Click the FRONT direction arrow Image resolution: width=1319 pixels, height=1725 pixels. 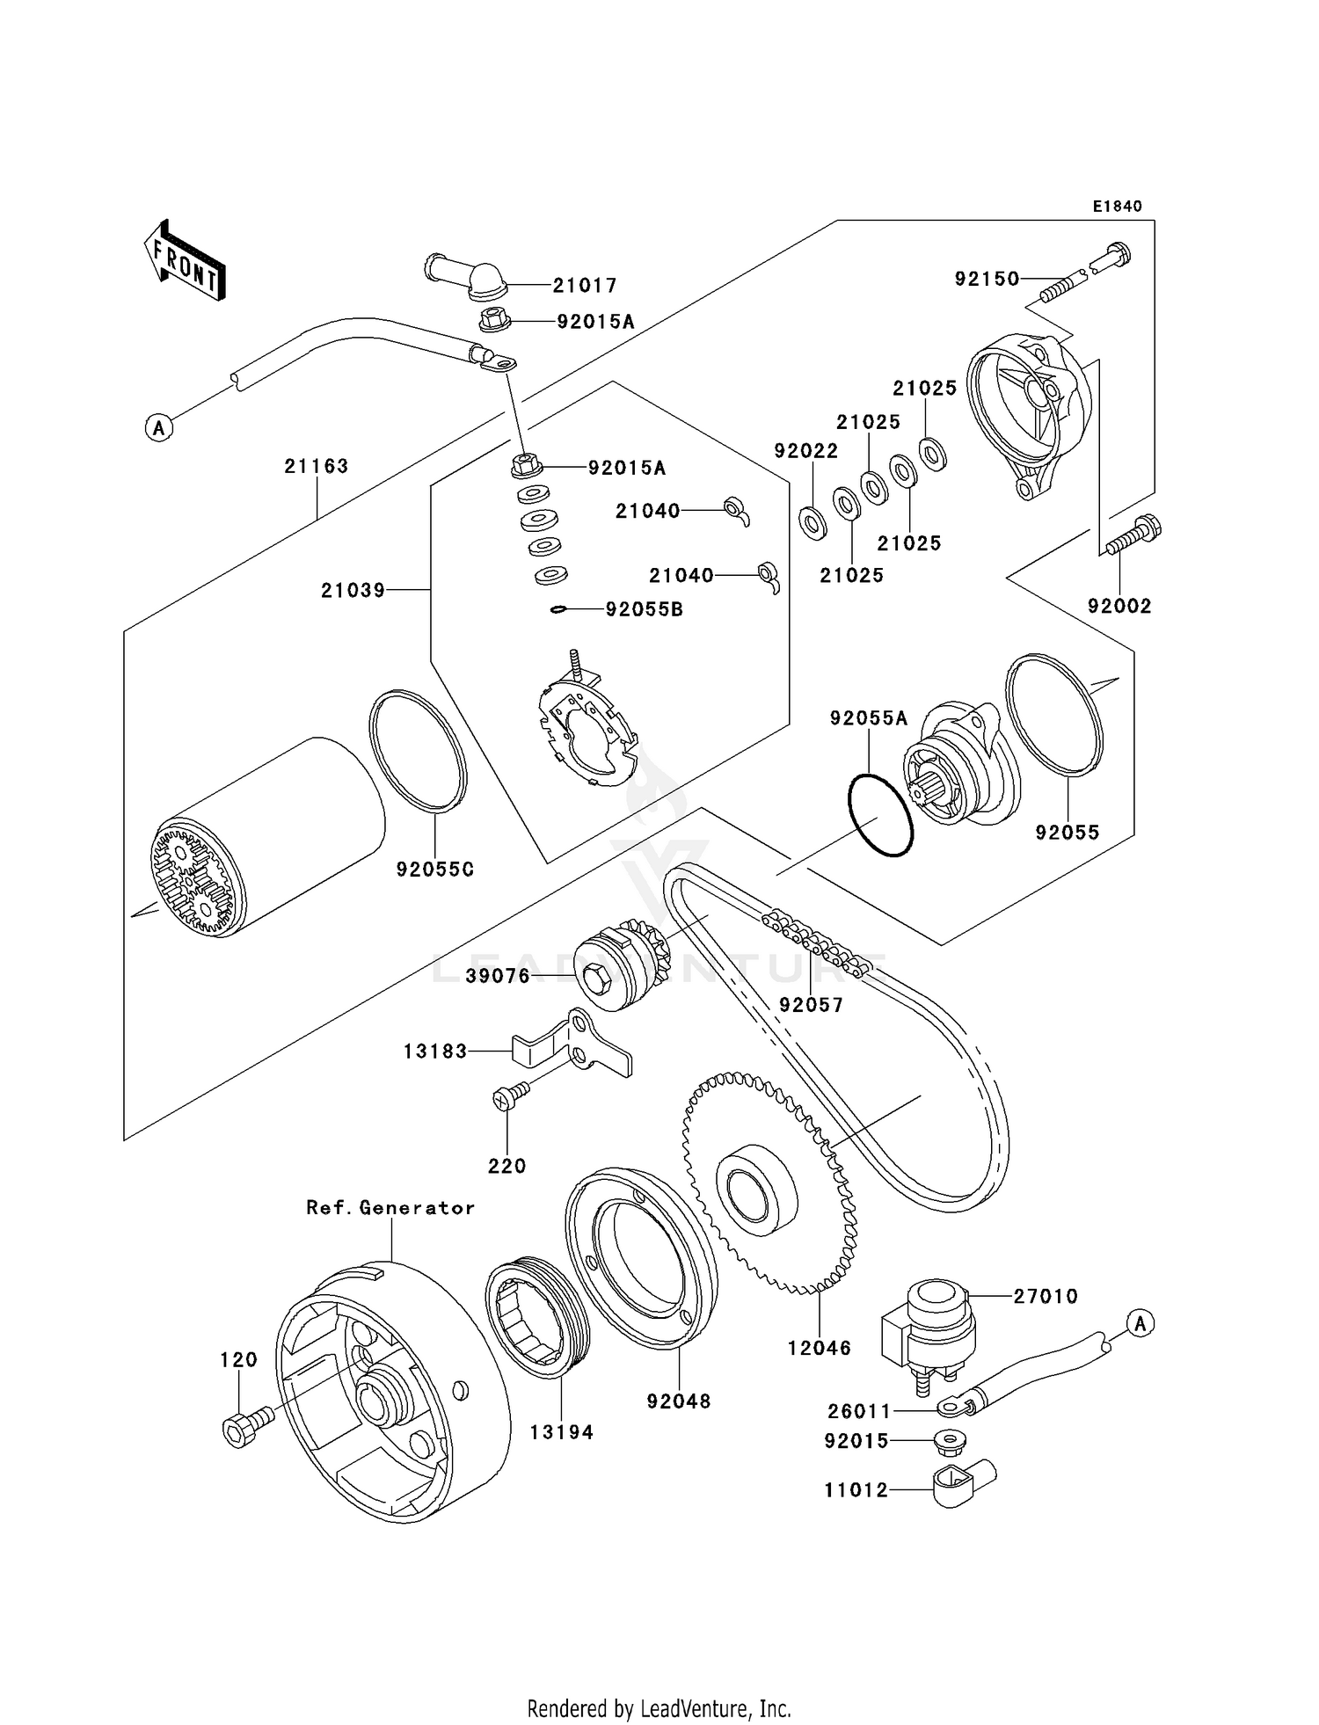click(185, 261)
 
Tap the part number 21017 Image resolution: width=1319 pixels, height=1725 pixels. click(585, 286)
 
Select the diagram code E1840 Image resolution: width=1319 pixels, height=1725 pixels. click(1117, 207)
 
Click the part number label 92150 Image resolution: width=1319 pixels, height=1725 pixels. click(987, 279)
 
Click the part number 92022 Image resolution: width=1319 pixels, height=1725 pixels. click(805, 451)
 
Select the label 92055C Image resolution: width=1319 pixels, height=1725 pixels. click(435, 870)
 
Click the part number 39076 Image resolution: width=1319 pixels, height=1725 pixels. click(498, 977)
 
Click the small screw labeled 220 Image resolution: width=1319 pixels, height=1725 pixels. click(510, 1095)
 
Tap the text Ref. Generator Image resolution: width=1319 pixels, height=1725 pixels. click(390, 1208)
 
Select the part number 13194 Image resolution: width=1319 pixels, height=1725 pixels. click(561, 1432)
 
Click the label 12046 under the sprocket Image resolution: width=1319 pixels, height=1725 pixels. click(819, 1348)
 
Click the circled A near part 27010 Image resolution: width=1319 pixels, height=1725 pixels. click(1140, 1322)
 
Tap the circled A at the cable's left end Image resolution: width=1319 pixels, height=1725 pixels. click(159, 428)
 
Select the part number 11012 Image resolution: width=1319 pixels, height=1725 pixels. click(856, 1490)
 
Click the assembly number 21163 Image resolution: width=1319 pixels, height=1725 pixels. click(316, 467)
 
